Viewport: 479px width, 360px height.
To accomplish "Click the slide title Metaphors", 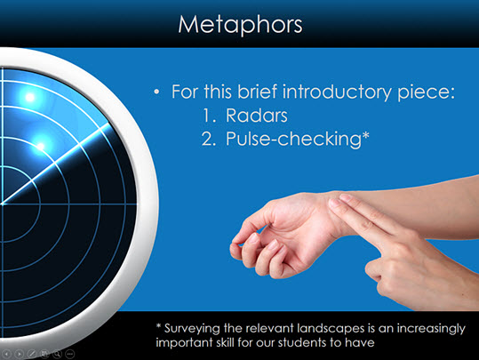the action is click(240, 25).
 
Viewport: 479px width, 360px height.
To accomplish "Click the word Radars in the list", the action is click(257, 116).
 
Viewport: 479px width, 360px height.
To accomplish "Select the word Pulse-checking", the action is click(293, 139).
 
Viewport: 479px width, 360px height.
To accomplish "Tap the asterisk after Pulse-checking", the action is click(365, 135).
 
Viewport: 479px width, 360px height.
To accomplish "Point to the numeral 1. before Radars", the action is click(209, 116).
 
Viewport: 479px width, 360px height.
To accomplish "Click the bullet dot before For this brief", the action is click(156, 92).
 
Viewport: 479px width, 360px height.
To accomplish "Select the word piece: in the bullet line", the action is click(426, 92).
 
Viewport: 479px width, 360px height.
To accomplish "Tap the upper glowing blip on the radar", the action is click(30, 97).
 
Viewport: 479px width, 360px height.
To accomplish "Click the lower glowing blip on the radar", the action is click(41, 147).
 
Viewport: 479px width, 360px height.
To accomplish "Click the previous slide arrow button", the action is click(6, 354).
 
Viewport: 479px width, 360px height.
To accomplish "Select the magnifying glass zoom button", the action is click(57, 354).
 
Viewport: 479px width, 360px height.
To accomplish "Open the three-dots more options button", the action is click(70, 354).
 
